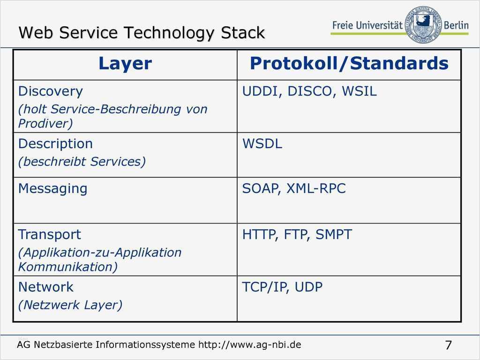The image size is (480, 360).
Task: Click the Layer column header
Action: pos(125,64)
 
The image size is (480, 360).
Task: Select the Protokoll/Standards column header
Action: pos(349,63)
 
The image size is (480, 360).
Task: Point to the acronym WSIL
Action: pos(359,91)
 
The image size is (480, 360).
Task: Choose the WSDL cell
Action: pos(262,143)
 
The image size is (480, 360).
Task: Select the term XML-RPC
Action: pos(316,188)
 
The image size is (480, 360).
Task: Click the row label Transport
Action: pos(50,234)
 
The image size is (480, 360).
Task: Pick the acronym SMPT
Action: pos(334,234)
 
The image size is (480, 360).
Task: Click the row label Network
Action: pos(46,287)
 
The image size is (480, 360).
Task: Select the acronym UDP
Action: pos(308,287)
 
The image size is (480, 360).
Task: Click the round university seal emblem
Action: pos(423,24)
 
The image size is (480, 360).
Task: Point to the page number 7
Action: pos(448,345)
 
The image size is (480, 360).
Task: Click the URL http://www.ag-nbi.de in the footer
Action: pos(250,345)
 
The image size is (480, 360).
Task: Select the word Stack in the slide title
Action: pos(243,33)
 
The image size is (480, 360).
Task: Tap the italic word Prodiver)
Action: pos(45,123)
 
